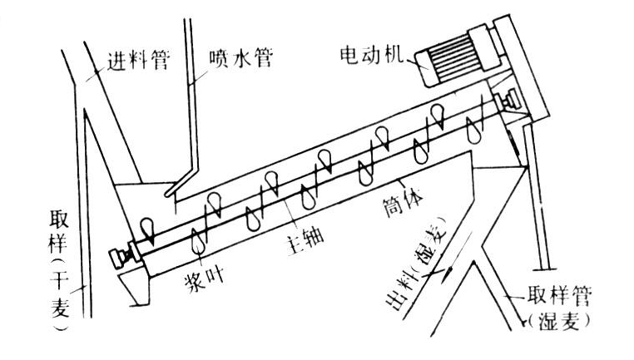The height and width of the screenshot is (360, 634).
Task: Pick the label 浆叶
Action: tap(206, 277)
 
